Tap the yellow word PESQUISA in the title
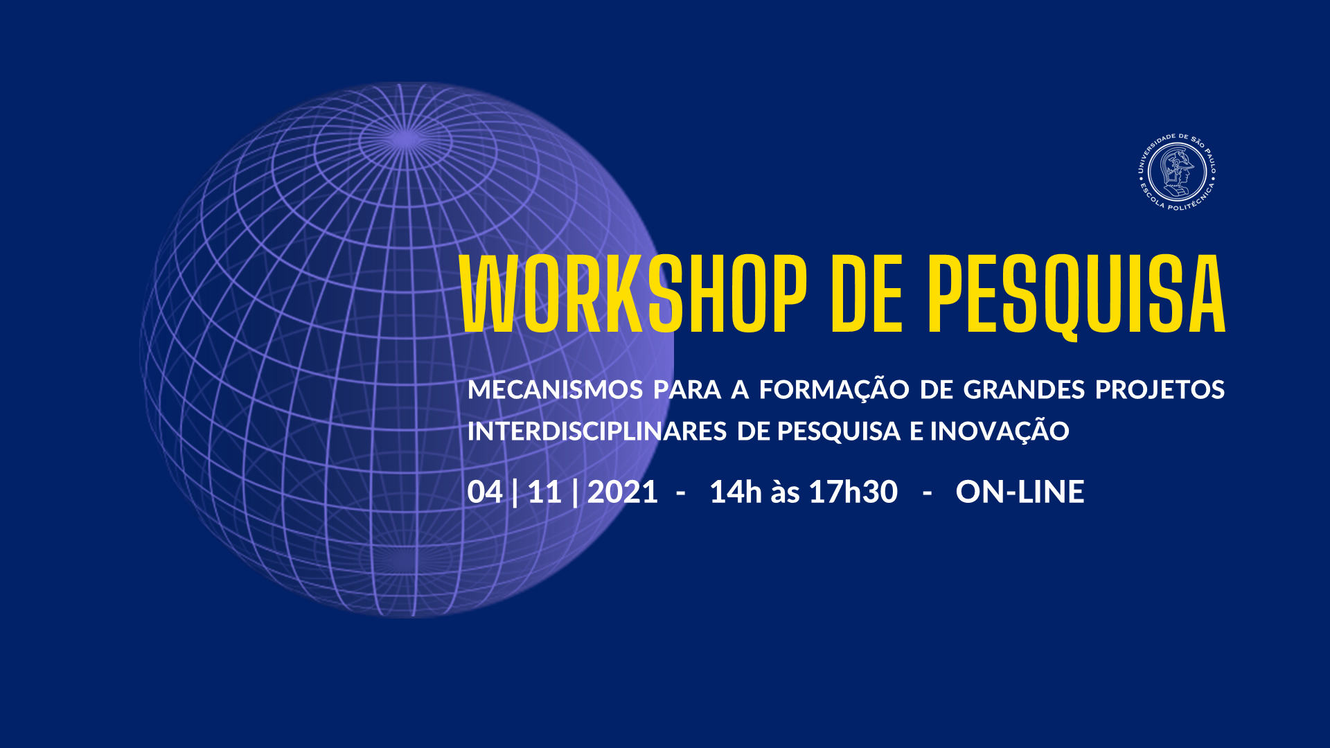tap(1077, 296)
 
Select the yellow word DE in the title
tap(867, 294)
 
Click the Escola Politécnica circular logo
tap(1178, 172)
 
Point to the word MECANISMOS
tap(556, 389)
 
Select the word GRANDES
tap(1024, 389)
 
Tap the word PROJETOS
tap(1160, 389)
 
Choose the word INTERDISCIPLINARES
tap(596, 431)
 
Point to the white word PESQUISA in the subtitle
tap(839, 431)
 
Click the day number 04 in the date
tap(484, 492)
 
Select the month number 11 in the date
tap(544, 492)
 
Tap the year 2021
tap(623, 492)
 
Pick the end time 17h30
tap(853, 492)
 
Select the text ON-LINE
tap(1020, 492)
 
